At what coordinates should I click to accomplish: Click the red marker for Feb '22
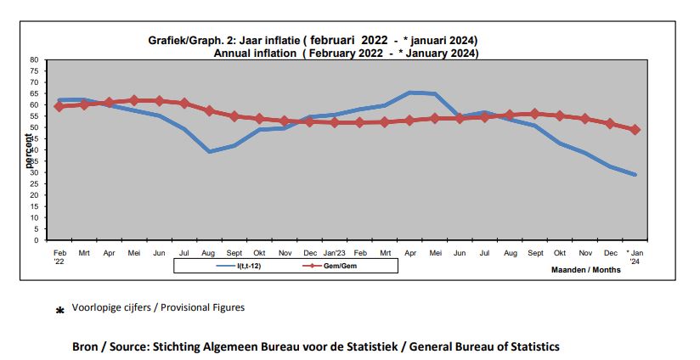tap(59, 106)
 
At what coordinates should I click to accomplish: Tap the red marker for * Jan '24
tap(635, 130)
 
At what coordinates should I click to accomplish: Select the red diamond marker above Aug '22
tap(209, 111)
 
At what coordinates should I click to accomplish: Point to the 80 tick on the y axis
tap(34, 60)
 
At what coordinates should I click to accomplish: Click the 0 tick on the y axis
tap(37, 240)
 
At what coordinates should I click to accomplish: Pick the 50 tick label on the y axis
tap(34, 127)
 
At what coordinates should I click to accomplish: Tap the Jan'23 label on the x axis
tap(333, 253)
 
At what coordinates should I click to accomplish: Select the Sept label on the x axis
tap(534, 253)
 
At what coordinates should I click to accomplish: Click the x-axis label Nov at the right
tap(584, 253)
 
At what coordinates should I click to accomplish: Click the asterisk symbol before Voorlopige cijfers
tap(59, 312)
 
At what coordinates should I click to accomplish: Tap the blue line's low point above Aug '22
tap(209, 152)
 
